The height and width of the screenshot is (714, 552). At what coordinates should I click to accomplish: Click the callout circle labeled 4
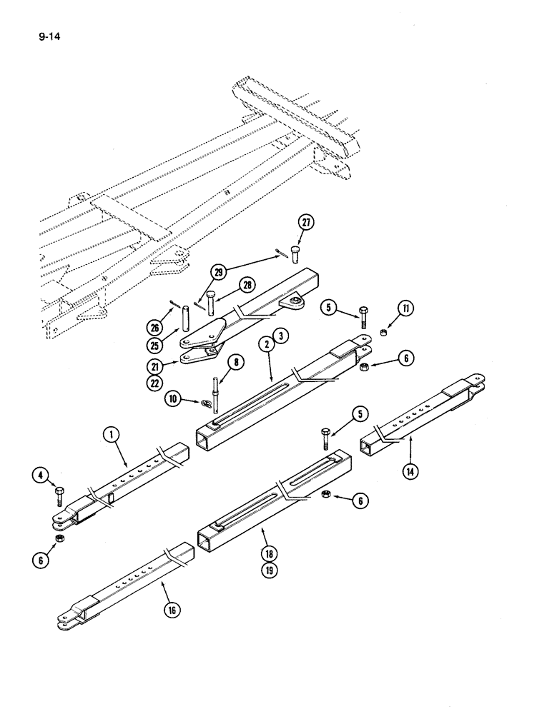[x=40, y=473]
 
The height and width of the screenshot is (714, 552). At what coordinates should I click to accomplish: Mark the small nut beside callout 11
[x=385, y=332]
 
